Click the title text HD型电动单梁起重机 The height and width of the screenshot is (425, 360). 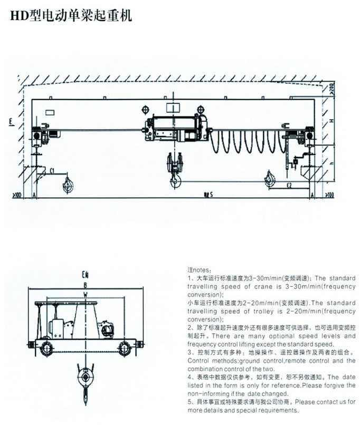(68, 16)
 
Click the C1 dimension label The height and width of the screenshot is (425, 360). (53, 171)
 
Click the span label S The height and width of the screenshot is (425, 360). (211, 195)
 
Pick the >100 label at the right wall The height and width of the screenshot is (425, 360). (328, 195)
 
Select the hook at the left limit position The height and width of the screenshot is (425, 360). (67, 184)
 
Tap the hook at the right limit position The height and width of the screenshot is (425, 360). (270, 179)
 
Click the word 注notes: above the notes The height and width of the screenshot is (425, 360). (198, 269)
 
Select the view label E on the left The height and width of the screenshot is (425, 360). (11, 123)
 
